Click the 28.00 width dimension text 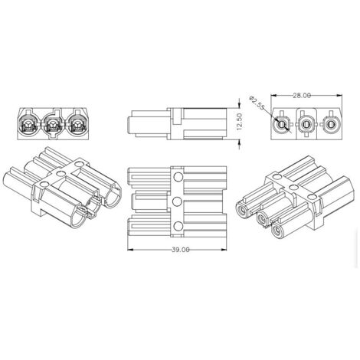[x=302, y=96]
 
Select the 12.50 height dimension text [x=239, y=122]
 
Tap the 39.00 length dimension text [x=181, y=250]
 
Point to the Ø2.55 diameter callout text [x=257, y=103]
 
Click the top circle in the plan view [x=178, y=177]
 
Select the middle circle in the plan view [x=177, y=201]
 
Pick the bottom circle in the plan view [x=178, y=226]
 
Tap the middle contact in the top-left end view [x=53, y=125]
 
